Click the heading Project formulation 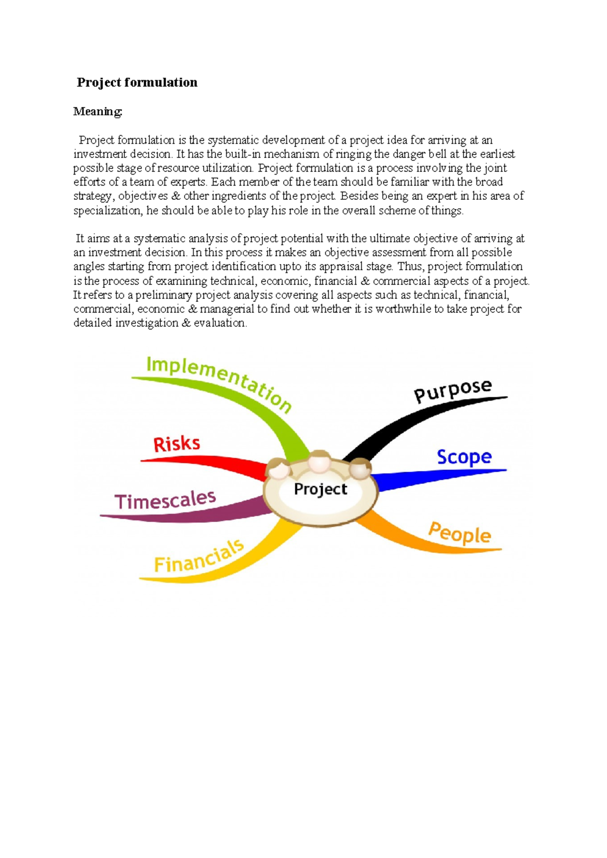137,82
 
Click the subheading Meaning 98,111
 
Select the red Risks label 177,444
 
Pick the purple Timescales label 165,500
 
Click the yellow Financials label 199,557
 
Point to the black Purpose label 452,391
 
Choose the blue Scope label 464,457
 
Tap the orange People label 459,534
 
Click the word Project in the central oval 320,489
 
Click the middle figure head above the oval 319,461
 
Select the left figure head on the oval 279,469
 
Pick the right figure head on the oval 360,468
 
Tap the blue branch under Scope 430,478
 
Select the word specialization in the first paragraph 107,210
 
